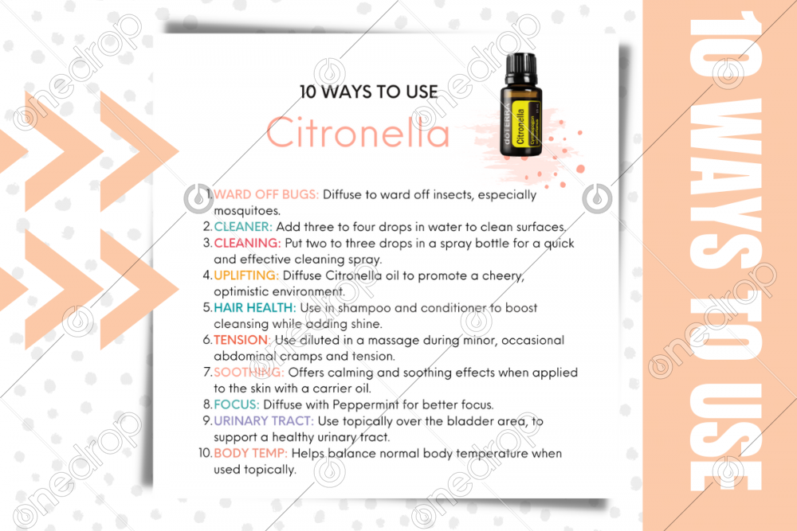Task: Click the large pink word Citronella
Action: click(x=359, y=132)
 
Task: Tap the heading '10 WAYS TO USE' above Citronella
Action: click(x=368, y=92)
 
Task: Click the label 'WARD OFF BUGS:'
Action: click(x=266, y=194)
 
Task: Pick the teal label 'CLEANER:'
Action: click(x=243, y=226)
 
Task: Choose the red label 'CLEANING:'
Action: click(x=247, y=243)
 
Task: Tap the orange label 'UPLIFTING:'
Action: click(x=246, y=275)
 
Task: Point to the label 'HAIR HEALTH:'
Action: click(x=255, y=307)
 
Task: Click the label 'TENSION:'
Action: click(x=241, y=340)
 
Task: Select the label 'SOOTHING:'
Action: click(x=249, y=372)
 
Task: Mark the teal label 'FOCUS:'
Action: click(x=237, y=404)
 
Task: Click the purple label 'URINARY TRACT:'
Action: click(x=263, y=421)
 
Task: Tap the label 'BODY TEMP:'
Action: click(x=250, y=453)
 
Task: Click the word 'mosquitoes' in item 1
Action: click(x=246, y=211)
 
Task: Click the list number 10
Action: click(x=205, y=453)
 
